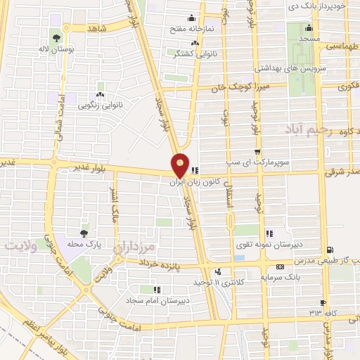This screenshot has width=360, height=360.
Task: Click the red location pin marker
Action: [x=181, y=165]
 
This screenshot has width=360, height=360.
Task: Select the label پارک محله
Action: [x=85, y=243]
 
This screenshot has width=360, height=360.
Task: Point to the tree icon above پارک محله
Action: [x=85, y=231]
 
